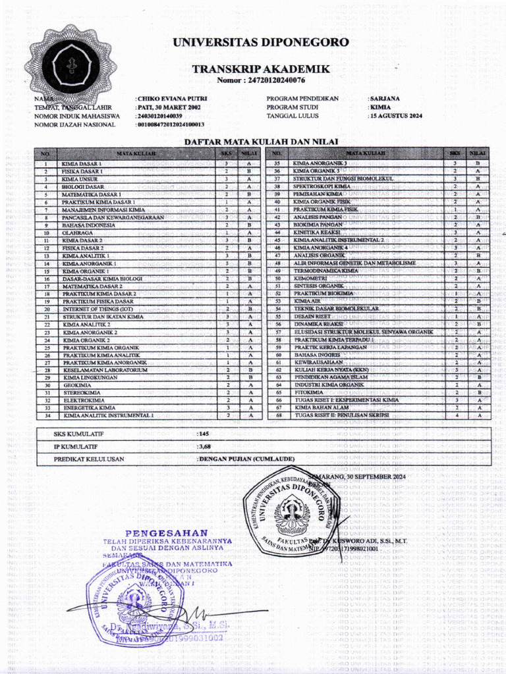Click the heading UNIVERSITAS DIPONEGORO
[x=261, y=43]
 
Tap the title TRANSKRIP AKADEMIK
[x=261, y=69]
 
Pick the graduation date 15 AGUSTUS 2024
[x=396, y=116]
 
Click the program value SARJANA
[x=385, y=99]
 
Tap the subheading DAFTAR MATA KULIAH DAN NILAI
[x=260, y=142]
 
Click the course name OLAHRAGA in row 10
[x=74, y=233]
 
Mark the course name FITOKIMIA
[x=306, y=392]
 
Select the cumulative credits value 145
[x=204, y=434]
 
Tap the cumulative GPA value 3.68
[x=204, y=447]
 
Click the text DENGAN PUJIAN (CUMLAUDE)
[x=246, y=459]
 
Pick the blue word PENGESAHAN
[x=167, y=532]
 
